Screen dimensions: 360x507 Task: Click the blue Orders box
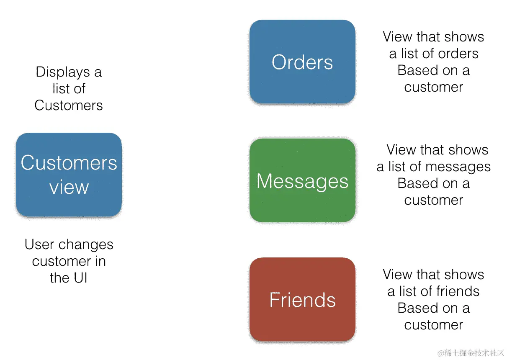302,62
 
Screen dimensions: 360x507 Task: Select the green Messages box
302,180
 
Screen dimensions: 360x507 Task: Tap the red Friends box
302,299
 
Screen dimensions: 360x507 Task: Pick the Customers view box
69,175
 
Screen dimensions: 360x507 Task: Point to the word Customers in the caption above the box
69,105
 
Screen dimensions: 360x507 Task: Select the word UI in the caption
80,278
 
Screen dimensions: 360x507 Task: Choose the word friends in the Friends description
457,291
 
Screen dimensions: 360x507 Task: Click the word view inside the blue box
69,187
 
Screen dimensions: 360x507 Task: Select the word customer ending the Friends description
433,325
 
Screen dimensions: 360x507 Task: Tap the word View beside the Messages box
401,150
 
